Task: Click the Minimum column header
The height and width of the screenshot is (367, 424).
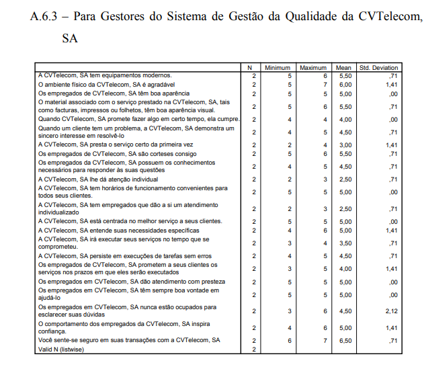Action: [277, 68]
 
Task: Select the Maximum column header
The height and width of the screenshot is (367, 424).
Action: [312, 68]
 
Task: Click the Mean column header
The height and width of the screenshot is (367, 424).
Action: [344, 68]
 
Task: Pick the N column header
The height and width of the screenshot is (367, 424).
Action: [249, 68]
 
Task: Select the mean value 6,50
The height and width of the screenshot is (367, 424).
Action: [345, 341]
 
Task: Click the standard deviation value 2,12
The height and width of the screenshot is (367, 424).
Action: [392, 311]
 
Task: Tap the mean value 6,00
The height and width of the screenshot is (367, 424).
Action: [345, 85]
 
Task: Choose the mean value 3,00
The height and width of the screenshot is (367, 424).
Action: [345, 145]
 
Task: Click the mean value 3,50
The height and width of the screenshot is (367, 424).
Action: [345, 243]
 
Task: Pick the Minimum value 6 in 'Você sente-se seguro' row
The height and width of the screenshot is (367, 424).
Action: [290, 341]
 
